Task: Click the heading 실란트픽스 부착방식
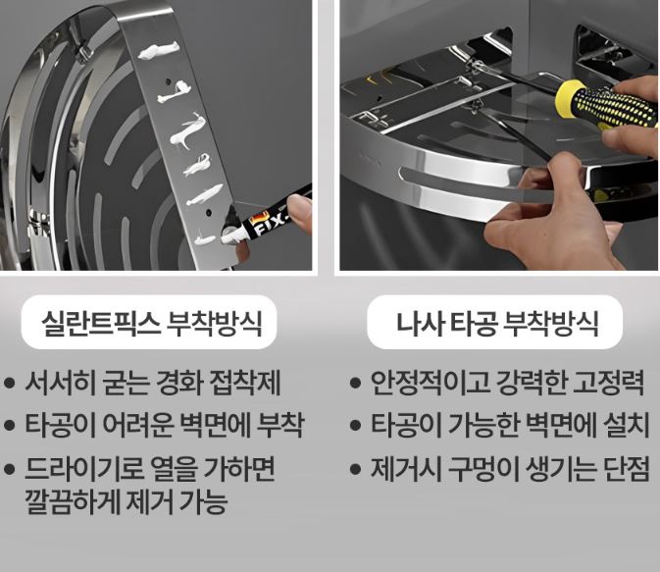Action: (x=152, y=323)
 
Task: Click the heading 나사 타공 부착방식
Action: (x=496, y=323)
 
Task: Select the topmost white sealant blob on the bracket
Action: (x=159, y=50)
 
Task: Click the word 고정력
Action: (x=609, y=383)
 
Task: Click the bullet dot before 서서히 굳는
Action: (x=10, y=383)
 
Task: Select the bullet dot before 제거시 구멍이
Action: (x=356, y=469)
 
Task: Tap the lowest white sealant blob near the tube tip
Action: (x=205, y=239)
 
